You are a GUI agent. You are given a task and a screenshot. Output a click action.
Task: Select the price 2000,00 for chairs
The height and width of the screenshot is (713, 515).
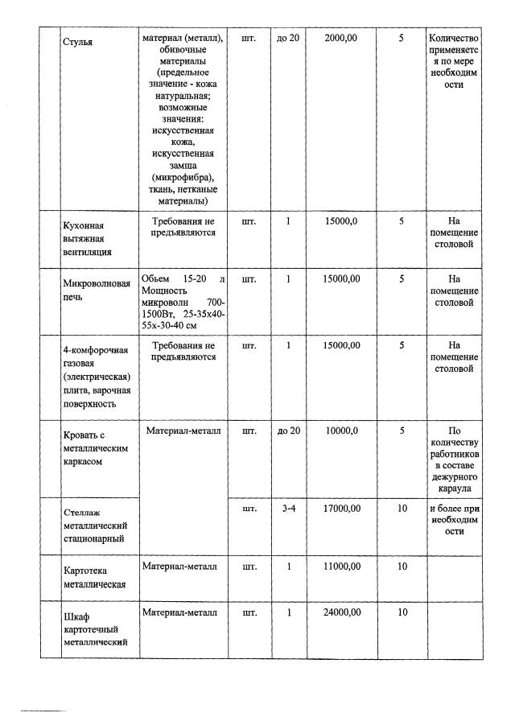pos(340,38)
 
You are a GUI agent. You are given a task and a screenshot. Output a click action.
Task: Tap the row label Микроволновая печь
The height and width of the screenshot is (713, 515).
pos(97,291)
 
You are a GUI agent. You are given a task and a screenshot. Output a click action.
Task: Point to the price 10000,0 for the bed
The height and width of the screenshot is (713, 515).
pos(340,431)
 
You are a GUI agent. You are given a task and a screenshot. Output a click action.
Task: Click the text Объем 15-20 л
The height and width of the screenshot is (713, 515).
pos(183,278)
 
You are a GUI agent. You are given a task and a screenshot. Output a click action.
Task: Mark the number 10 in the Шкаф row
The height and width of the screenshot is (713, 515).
pos(402,612)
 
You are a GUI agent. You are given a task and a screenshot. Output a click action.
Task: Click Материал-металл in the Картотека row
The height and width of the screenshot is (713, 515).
pos(179,567)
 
